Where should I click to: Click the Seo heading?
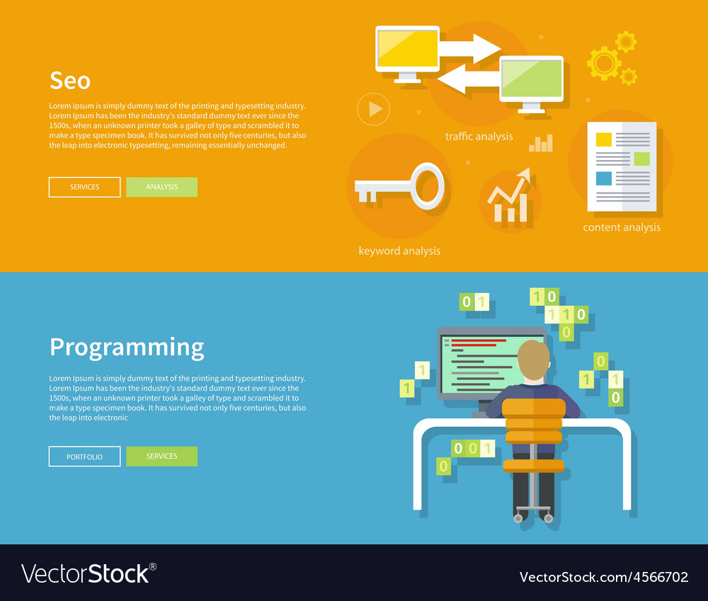click(x=70, y=81)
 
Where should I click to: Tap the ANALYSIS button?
click(x=161, y=187)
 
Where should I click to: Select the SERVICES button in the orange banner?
click(x=84, y=187)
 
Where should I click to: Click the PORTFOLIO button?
click(x=84, y=457)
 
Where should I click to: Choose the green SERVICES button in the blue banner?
click(x=161, y=456)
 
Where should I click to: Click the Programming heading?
click(x=127, y=348)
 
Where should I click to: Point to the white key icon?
click(x=399, y=185)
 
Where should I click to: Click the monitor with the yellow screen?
click(x=407, y=55)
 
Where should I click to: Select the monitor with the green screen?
click(x=532, y=84)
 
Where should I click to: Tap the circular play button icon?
click(x=373, y=109)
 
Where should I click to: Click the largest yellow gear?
click(x=604, y=64)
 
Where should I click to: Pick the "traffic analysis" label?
click(x=479, y=137)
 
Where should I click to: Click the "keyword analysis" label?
click(x=399, y=251)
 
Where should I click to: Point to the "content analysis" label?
click(x=622, y=227)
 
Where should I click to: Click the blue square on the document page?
click(x=604, y=178)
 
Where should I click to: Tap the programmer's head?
click(x=533, y=360)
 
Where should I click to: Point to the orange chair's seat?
click(x=533, y=466)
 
